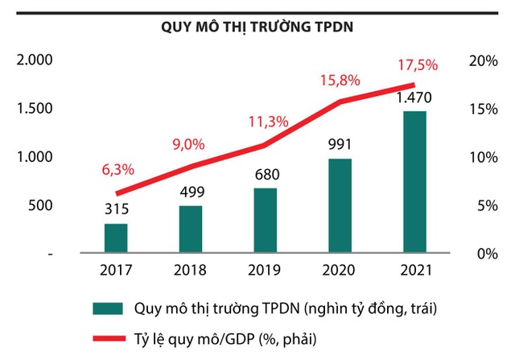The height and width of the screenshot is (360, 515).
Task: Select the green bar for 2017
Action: tap(116, 238)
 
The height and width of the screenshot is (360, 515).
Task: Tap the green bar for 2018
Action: tap(190, 230)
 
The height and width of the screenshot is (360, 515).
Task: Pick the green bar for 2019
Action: tap(265, 221)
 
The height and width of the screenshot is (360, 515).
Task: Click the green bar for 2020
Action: tap(340, 205)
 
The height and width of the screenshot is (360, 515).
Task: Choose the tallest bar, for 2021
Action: tap(414, 182)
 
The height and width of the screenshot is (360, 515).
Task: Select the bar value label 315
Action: tap(116, 209)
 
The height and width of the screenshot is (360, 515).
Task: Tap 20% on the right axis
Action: tap(482, 60)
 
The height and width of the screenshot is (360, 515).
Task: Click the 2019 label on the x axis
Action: tap(265, 271)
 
